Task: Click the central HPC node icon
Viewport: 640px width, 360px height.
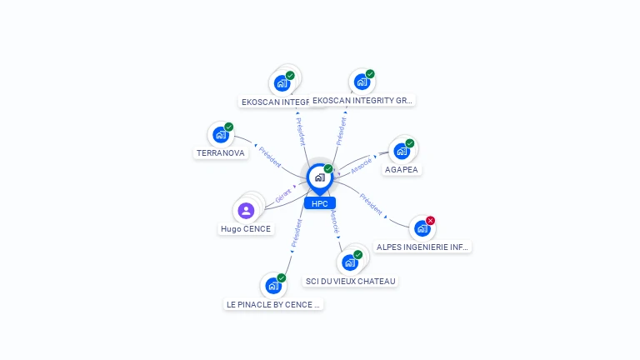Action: click(319, 177)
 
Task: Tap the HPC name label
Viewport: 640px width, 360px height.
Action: click(319, 203)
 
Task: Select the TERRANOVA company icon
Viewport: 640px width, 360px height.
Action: click(220, 135)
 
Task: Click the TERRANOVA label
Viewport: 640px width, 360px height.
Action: click(221, 153)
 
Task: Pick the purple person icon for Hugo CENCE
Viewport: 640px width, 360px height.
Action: click(246, 211)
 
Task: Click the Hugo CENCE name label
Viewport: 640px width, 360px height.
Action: click(246, 229)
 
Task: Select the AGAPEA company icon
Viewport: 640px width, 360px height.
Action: click(402, 152)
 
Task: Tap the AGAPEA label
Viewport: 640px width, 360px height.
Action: click(402, 170)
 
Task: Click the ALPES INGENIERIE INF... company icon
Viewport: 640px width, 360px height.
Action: click(422, 228)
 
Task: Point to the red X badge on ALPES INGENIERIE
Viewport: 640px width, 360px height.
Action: click(431, 220)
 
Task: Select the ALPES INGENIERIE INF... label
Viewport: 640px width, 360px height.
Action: click(423, 247)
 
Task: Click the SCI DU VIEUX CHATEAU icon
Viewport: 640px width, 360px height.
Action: click(350, 262)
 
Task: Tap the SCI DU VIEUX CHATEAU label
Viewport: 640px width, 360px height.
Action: click(350, 281)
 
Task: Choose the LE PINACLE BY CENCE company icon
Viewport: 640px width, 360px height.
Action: click(272, 286)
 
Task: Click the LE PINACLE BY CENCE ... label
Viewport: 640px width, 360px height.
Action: click(273, 304)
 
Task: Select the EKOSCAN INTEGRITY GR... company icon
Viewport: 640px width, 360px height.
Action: click(362, 82)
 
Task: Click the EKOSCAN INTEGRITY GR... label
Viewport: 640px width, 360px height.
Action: click(362, 100)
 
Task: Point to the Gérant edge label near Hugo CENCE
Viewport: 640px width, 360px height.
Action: click(283, 196)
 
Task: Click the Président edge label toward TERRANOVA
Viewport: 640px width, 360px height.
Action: click(269, 157)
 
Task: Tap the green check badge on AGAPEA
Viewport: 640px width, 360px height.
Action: click(410, 143)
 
